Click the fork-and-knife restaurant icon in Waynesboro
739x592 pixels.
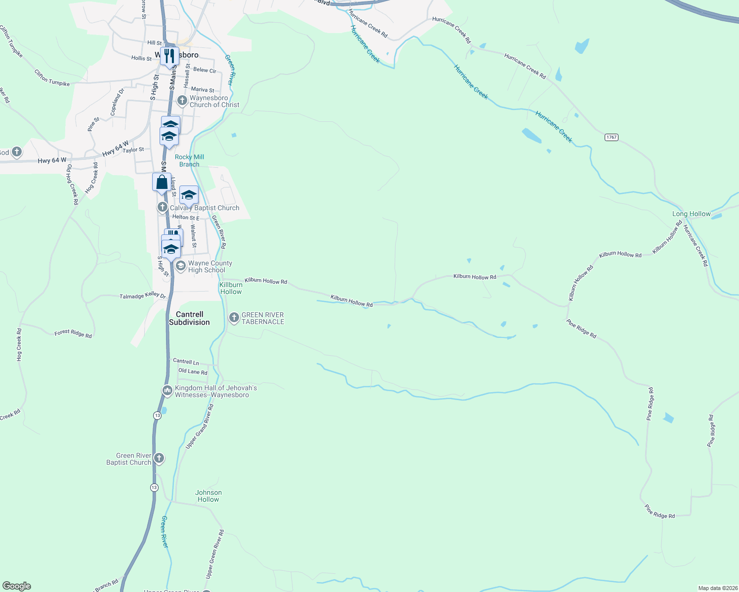coord(169,56)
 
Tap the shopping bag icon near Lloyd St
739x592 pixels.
coord(162,183)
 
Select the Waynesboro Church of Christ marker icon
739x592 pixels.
coord(182,101)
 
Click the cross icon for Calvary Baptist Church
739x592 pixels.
coord(163,207)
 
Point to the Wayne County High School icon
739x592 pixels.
coord(181,266)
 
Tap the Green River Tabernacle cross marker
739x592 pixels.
coord(234,318)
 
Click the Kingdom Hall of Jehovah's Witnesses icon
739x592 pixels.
coord(167,391)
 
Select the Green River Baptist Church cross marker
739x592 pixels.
coord(159,458)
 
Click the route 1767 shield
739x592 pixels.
coord(612,137)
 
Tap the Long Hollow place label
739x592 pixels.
coord(691,214)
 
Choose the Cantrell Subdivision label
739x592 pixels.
coord(189,318)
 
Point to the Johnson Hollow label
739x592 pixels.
coord(208,496)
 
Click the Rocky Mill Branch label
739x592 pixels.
coord(189,160)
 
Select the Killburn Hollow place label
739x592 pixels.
coord(231,288)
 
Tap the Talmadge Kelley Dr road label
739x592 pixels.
coord(143,296)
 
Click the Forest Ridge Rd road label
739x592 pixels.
coord(73,333)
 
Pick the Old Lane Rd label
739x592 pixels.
coord(193,371)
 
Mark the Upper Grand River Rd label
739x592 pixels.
coord(200,427)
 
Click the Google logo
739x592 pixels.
coord(17,586)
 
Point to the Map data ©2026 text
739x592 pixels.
coord(718,588)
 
